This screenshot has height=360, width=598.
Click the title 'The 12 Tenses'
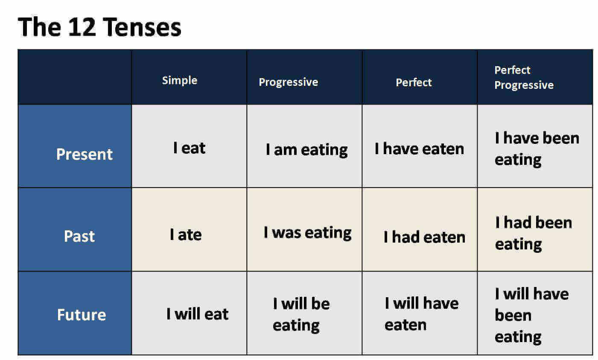(99, 27)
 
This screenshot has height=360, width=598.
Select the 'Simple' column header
(180, 80)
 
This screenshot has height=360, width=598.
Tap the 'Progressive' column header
(288, 82)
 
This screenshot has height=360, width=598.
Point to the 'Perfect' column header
(414, 82)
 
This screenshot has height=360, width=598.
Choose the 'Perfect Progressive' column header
(524, 77)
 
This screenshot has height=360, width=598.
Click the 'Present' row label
(85, 154)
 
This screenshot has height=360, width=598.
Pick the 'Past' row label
(79, 236)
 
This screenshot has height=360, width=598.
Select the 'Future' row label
(82, 315)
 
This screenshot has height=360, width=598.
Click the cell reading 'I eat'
(189, 148)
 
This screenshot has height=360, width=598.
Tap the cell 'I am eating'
(307, 150)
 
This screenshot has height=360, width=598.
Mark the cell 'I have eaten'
(420, 149)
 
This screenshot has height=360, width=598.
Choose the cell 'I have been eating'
(537, 149)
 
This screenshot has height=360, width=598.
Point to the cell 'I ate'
(186, 234)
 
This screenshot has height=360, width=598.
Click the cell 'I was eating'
(308, 233)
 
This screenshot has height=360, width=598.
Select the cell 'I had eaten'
(424, 237)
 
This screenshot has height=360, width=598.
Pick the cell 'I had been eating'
(534, 234)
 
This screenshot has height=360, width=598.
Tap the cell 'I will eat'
(197, 314)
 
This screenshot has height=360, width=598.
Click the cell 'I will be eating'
(301, 315)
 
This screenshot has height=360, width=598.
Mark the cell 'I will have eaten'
(422, 314)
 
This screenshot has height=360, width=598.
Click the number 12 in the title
(82, 27)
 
